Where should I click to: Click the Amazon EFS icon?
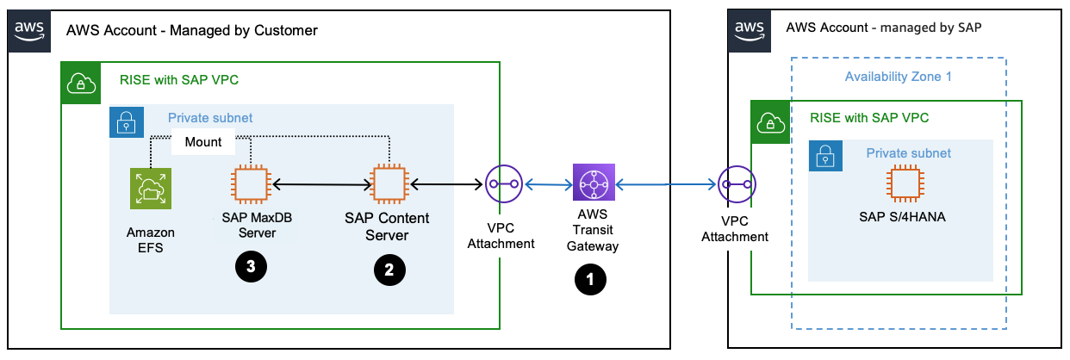[x=150, y=189]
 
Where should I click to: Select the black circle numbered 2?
[x=389, y=269]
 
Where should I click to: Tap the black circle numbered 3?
[x=251, y=266]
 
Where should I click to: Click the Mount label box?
[x=202, y=142]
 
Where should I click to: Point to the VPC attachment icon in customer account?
[x=503, y=184]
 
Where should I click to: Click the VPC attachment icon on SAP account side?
[x=737, y=184]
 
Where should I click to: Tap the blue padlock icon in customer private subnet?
[x=126, y=121]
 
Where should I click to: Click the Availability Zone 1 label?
[x=898, y=76]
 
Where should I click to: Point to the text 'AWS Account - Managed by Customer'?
[x=192, y=30]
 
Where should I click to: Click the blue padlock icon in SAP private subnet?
[x=824, y=156]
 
